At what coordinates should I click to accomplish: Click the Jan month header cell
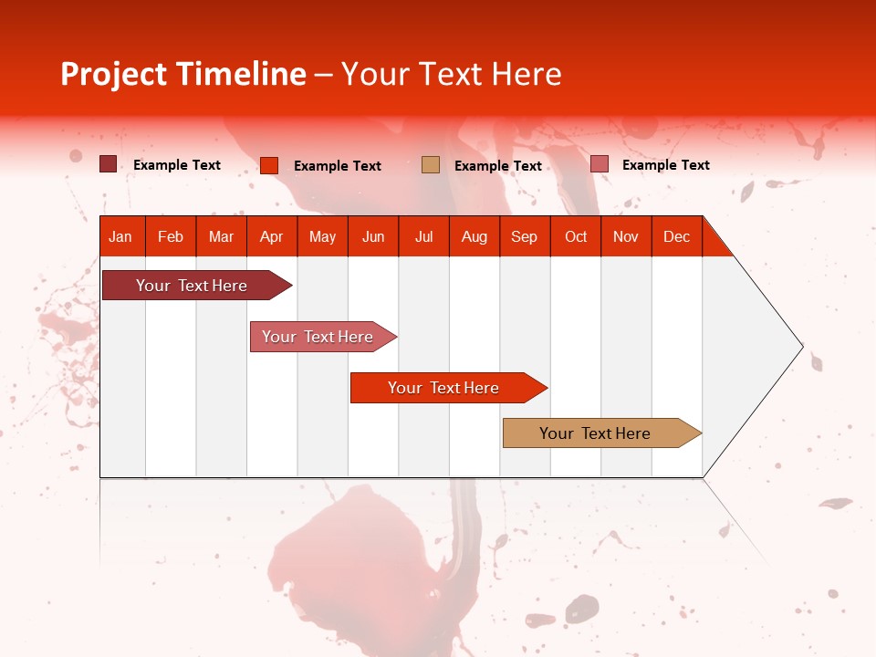click(x=120, y=236)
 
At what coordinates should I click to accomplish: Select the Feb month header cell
click(x=171, y=236)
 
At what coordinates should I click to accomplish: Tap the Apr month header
click(x=271, y=236)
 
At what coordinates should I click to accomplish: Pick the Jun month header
click(x=373, y=236)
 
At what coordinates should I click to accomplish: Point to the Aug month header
click(x=474, y=236)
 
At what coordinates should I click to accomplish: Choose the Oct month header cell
click(x=576, y=236)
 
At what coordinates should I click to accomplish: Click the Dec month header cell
click(x=676, y=236)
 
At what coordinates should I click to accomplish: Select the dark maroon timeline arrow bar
click(x=192, y=286)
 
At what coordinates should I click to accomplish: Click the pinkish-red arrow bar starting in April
click(x=318, y=337)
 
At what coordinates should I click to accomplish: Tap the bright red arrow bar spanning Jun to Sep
click(x=443, y=388)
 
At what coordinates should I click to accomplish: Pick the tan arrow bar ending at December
click(x=595, y=433)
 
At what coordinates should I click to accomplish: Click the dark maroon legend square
click(x=108, y=164)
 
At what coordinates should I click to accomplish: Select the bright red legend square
click(x=268, y=165)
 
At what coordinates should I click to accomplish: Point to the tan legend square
click(x=430, y=165)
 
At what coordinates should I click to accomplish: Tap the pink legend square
click(x=599, y=164)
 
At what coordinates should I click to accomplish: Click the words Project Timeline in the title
click(x=182, y=74)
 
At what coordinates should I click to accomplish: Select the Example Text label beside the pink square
click(x=665, y=165)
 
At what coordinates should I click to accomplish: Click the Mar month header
click(x=221, y=236)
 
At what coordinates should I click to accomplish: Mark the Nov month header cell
click(x=626, y=236)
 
